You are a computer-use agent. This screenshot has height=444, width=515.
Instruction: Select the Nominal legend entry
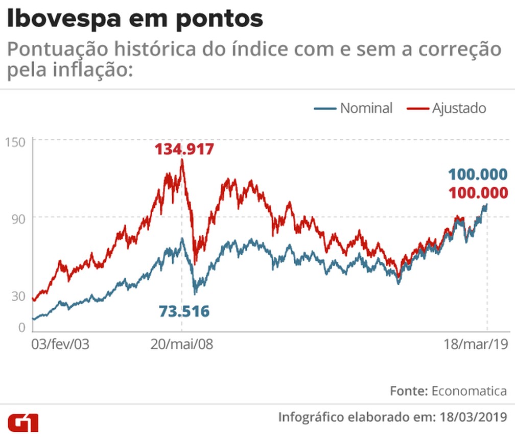pyautogui.click(x=366, y=108)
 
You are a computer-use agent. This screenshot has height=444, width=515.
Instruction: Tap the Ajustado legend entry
pyautogui.click(x=459, y=108)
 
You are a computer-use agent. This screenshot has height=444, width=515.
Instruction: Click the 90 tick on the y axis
pyautogui.click(x=19, y=217)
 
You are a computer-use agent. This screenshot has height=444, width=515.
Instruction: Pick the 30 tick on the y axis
pyautogui.click(x=18, y=296)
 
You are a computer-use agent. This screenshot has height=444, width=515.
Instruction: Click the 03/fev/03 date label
pyautogui.click(x=60, y=344)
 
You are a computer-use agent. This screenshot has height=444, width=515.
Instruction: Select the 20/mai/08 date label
pyautogui.click(x=182, y=344)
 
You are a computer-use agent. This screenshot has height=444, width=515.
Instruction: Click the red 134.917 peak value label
pyautogui.click(x=184, y=150)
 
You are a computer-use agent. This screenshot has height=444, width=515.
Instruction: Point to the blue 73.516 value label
pyautogui.click(x=184, y=311)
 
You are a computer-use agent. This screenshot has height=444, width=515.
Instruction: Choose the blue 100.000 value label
pyautogui.click(x=478, y=175)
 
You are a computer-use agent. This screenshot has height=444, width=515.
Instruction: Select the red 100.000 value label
pyautogui.click(x=478, y=193)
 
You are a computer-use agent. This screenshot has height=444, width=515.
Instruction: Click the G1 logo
pyautogui.click(x=23, y=423)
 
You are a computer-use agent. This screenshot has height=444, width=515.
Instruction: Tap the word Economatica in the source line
pyautogui.click(x=469, y=391)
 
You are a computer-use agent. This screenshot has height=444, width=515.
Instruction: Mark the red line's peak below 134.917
pyautogui.click(x=182, y=161)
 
